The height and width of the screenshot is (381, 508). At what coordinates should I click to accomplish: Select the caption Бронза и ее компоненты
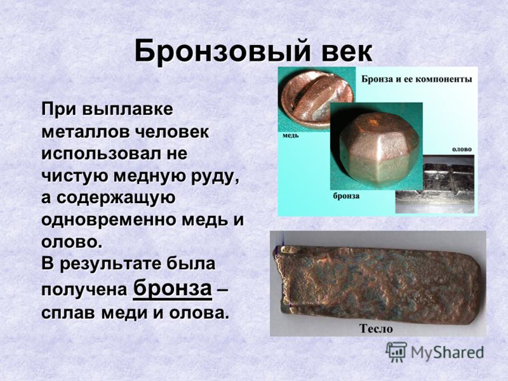[417, 79]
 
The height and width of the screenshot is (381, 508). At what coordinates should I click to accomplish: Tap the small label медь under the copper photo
[291, 135]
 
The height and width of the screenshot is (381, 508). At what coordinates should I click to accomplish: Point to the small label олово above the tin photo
[462, 149]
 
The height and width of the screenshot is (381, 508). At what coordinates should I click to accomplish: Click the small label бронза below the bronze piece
[346, 196]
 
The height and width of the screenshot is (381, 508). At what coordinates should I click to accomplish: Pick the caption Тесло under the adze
[376, 329]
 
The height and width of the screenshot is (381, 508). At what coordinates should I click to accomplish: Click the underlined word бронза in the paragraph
[172, 288]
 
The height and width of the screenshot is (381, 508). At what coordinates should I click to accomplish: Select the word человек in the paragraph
[171, 132]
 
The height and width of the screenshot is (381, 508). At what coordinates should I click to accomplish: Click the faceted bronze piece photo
[377, 146]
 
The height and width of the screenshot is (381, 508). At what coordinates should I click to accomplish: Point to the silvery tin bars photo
[435, 184]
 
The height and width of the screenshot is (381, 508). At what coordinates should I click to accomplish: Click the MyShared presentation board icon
[396, 352]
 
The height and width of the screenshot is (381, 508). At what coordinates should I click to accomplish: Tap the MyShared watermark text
[447, 352]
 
